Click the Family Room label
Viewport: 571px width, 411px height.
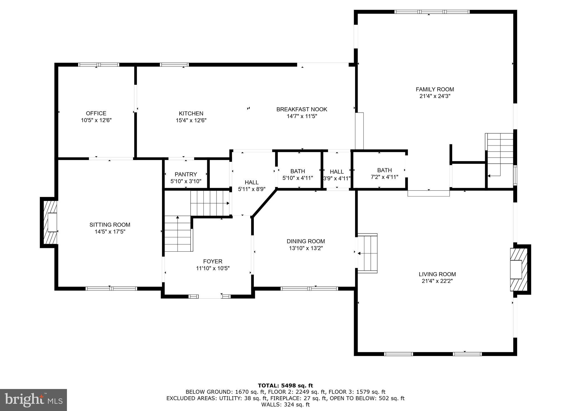[435, 89]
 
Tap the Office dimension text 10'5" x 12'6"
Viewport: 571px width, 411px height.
[96, 120]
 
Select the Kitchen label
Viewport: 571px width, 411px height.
[191, 113]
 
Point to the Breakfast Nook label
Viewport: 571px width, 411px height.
[302, 110]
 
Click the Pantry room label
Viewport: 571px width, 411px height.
[186, 174]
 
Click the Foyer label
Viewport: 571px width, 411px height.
[213, 261]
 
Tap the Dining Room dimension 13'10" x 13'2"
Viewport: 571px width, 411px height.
[306, 248]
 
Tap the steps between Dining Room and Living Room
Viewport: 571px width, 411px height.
[368, 253]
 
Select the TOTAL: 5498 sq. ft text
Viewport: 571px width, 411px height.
[285, 386]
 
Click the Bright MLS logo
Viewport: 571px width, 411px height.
[33, 400]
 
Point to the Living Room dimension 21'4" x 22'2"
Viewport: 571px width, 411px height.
[437, 281]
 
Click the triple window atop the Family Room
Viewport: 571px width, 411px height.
[432, 12]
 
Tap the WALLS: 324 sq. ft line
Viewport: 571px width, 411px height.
[285, 405]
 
